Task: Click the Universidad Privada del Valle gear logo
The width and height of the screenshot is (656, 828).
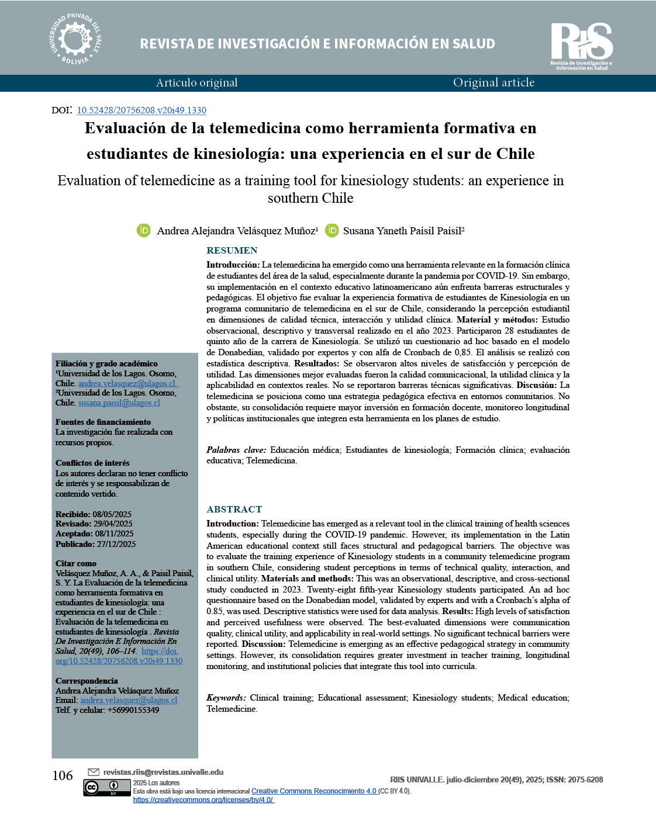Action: pyautogui.click(x=75, y=39)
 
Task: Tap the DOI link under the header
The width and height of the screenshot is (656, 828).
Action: pyautogui.click(x=141, y=110)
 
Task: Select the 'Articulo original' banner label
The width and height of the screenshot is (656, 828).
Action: pyautogui.click(x=196, y=83)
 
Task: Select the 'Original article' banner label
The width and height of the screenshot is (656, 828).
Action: pyautogui.click(x=493, y=83)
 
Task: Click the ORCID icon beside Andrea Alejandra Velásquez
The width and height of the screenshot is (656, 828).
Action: pyautogui.click(x=143, y=230)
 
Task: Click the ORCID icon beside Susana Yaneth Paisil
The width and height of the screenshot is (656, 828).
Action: pyautogui.click(x=332, y=230)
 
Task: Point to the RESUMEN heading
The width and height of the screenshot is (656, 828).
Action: pyautogui.click(x=232, y=250)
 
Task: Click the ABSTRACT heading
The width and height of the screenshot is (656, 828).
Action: pyautogui.click(x=234, y=509)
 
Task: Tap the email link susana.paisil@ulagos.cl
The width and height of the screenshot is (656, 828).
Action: pyautogui.click(x=119, y=403)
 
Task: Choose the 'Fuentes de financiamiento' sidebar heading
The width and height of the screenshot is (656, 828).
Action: pyautogui.click(x=103, y=422)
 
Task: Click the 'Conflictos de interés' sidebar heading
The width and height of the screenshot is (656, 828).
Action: pyautogui.click(x=92, y=463)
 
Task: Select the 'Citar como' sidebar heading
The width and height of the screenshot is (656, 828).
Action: pyautogui.click(x=76, y=563)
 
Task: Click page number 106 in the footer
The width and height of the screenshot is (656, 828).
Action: pyautogui.click(x=63, y=776)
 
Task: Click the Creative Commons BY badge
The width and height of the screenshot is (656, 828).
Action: pyautogui.click(x=106, y=788)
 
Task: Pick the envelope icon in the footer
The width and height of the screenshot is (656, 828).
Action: pyautogui.click(x=93, y=772)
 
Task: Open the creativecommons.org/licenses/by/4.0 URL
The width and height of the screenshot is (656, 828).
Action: pyautogui.click(x=203, y=800)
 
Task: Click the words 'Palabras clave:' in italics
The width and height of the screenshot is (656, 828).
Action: pyautogui.click(x=236, y=450)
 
